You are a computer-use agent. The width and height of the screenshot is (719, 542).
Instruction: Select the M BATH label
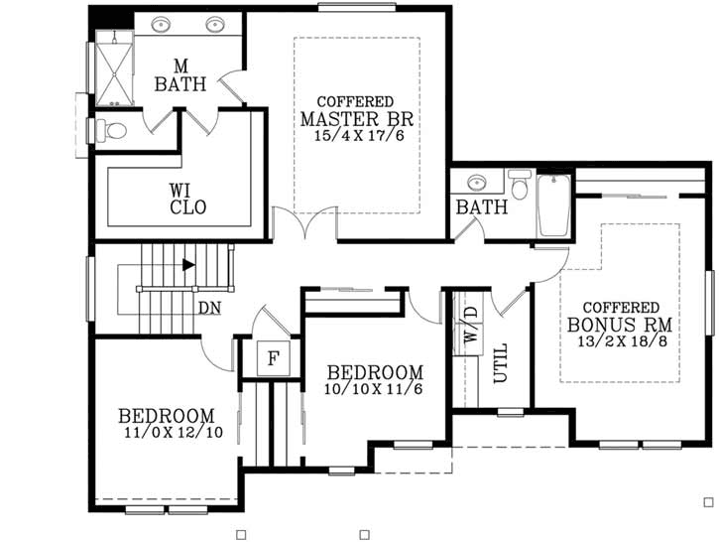pyautogui.click(x=180, y=76)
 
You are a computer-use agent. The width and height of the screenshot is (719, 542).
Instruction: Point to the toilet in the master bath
pyautogui.click(x=110, y=130)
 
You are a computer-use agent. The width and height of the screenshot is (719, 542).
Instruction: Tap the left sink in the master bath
pyautogui.click(x=159, y=24)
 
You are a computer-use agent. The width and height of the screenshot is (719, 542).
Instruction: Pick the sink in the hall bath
pyautogui.click(x=477, y=184)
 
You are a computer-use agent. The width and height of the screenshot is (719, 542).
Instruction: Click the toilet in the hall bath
pyautogui.click(x=520, y=186)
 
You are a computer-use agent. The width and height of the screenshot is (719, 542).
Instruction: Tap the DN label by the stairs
pyautogui.click(x=208, y=308)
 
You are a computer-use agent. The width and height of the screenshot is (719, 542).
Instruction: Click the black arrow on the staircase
pyautogui.click(x=188, y=264)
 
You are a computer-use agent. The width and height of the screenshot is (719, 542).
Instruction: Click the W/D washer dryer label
pyautogui.click(x=469, y=324)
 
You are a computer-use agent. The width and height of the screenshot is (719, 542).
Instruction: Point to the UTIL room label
pyautogui.click(x=500, y=362)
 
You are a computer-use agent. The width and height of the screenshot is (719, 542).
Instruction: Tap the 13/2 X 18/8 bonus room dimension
pyautogui.click(x=621, y=340)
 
